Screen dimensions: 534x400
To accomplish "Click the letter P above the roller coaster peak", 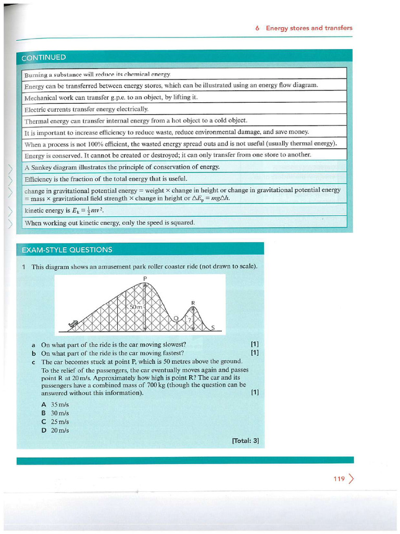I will point(145,278).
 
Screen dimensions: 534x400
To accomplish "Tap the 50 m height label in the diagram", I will point(136,308).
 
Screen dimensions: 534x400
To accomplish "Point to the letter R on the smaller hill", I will point(193,302).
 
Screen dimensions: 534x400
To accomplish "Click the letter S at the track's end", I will point(213,328).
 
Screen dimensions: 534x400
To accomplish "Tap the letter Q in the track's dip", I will point(176,318).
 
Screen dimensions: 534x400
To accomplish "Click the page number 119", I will point(339,479).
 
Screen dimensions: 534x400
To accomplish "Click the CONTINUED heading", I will point(44,57).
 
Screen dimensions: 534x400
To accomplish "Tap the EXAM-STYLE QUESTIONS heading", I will point(67,250).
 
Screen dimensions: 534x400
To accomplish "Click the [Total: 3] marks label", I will point(245,441).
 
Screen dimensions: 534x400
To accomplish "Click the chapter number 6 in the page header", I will point(258,28).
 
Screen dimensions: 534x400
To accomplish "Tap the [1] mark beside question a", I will point(254,344).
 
